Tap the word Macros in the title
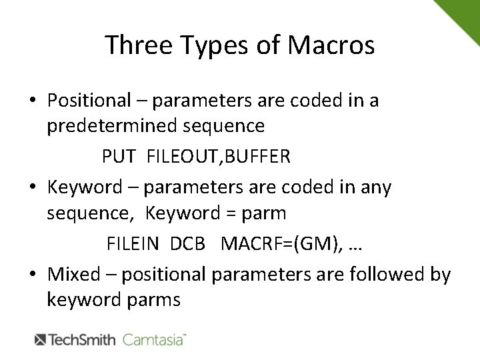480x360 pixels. tap(332, 45)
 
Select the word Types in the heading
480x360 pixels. tap(214, 45)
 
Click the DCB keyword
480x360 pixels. tap(187, 244)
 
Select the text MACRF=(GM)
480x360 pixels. tap(281, 244)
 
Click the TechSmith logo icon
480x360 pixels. tap(40, 340)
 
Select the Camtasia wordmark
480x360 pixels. tap(153, 340)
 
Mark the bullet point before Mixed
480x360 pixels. tap(32, 275)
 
